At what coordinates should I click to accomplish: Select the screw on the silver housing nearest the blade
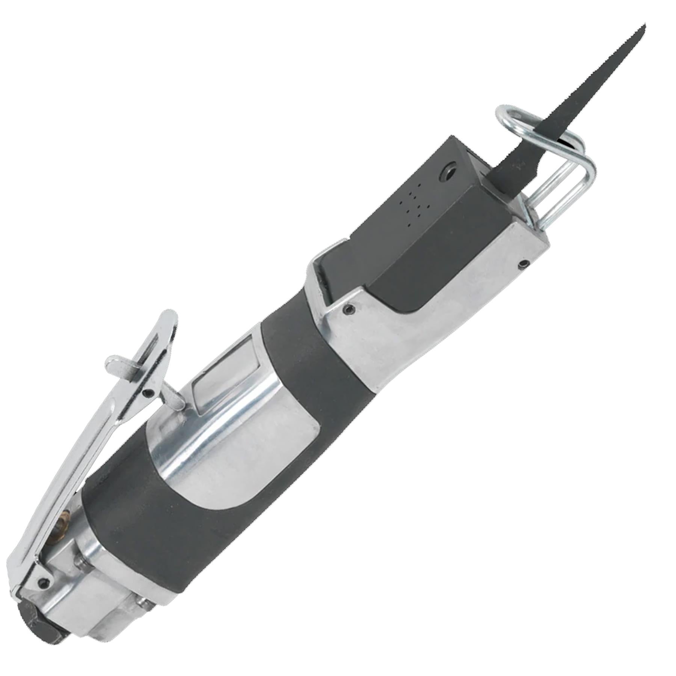[x=523, y=264]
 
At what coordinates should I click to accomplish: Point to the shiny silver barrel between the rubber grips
[x=225, y=443]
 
